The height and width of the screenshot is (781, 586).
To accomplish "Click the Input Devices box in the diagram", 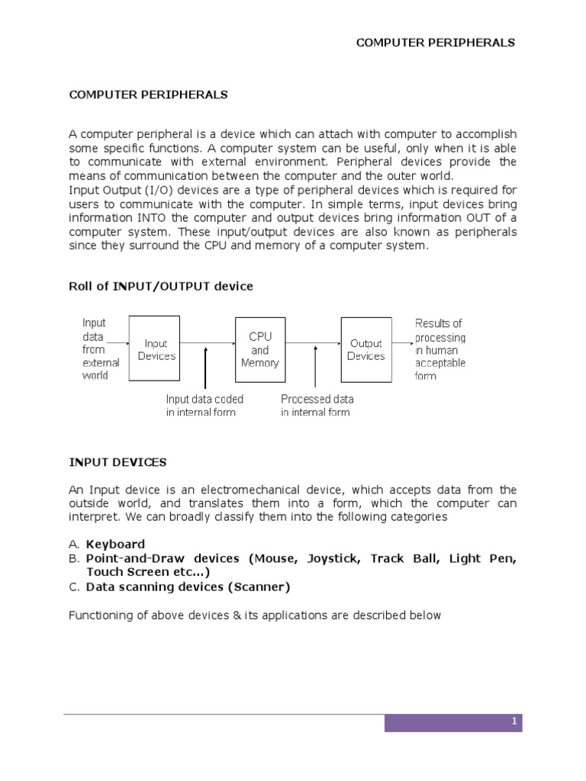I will tap(156, 349).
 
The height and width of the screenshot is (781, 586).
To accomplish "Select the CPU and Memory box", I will tap(260, 349).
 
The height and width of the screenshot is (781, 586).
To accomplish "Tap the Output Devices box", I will tap(366, 349).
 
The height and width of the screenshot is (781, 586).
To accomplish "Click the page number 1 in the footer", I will tap(515, 721).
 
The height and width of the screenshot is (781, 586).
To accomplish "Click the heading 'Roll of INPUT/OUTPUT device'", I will tap(161, 286).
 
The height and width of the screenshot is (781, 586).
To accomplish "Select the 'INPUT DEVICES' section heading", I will tap(118, 462).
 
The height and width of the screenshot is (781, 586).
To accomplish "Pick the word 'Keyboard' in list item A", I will tap(115, 544).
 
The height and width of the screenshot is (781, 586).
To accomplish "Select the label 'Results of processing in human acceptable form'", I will tap(439, 349).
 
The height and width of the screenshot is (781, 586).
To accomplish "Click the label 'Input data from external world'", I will tap(95, 349).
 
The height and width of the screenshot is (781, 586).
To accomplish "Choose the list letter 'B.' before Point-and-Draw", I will tap(74, 558).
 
